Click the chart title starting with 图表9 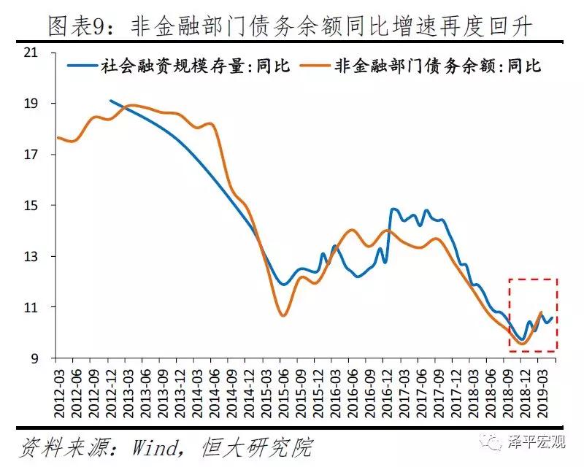tap(291, 27)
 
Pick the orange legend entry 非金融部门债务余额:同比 tap(437, 66)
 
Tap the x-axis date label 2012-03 tap(59, 390)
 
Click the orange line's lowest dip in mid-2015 tap(283, 315)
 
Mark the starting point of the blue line tap(110, 101)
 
